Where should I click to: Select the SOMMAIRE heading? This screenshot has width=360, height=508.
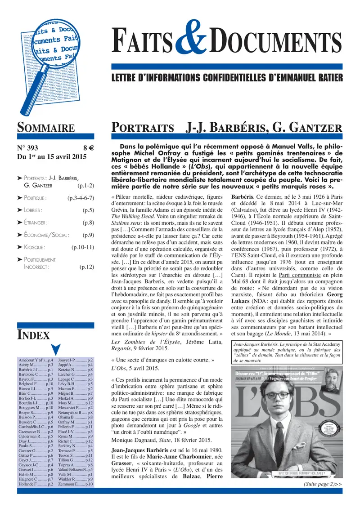(45, 127)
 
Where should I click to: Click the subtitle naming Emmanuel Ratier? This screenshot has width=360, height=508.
(227, 77)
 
